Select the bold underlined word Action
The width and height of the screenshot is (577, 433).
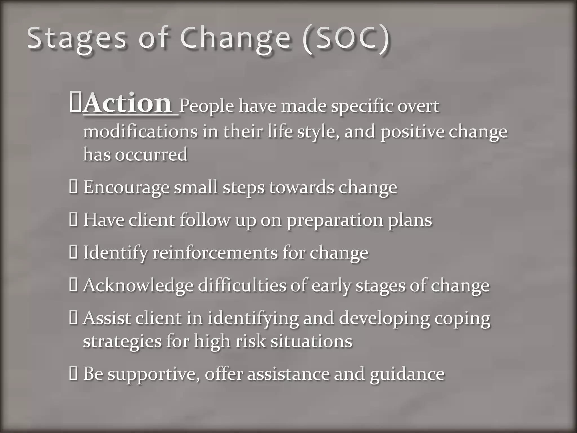[127, 103]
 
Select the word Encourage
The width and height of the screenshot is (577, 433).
[126, 187]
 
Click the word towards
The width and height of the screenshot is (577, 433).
[301, 187]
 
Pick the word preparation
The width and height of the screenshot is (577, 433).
[335, 220]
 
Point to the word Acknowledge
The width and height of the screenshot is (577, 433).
[138, 285]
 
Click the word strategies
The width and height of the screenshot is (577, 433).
[122, 342]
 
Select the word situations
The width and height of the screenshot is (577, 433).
[311, 341]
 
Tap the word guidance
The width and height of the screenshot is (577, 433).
[407, 374]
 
